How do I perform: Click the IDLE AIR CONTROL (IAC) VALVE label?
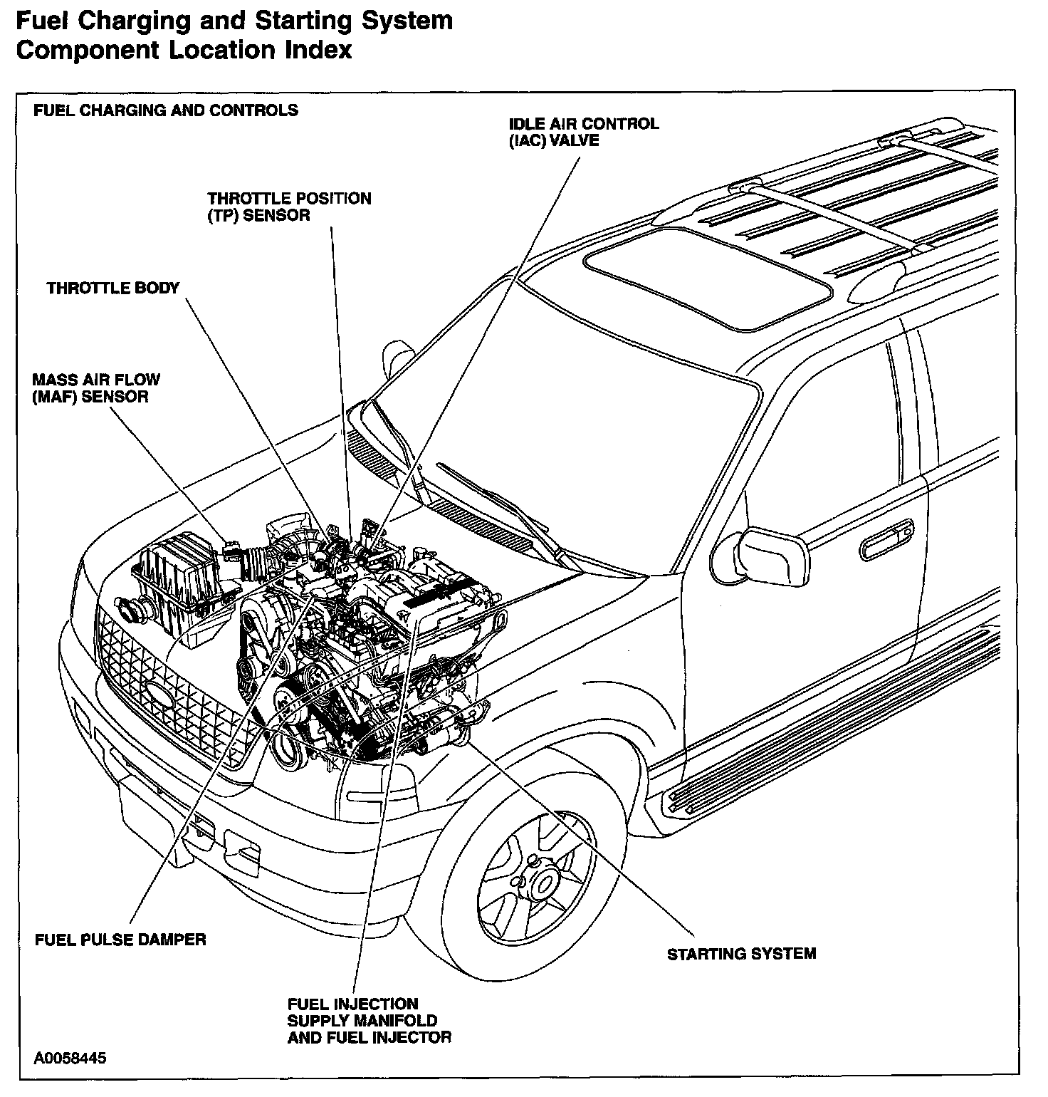tap(583, 132)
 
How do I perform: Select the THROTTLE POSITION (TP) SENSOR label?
tap(289, 207)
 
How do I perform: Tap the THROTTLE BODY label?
tap(113, 288)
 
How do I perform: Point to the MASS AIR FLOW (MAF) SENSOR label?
tap(96, 388)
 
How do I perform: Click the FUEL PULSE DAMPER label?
tap(120, 940)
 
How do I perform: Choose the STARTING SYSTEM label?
tap(741, 954)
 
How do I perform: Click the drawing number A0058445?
tap(70, 1058)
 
